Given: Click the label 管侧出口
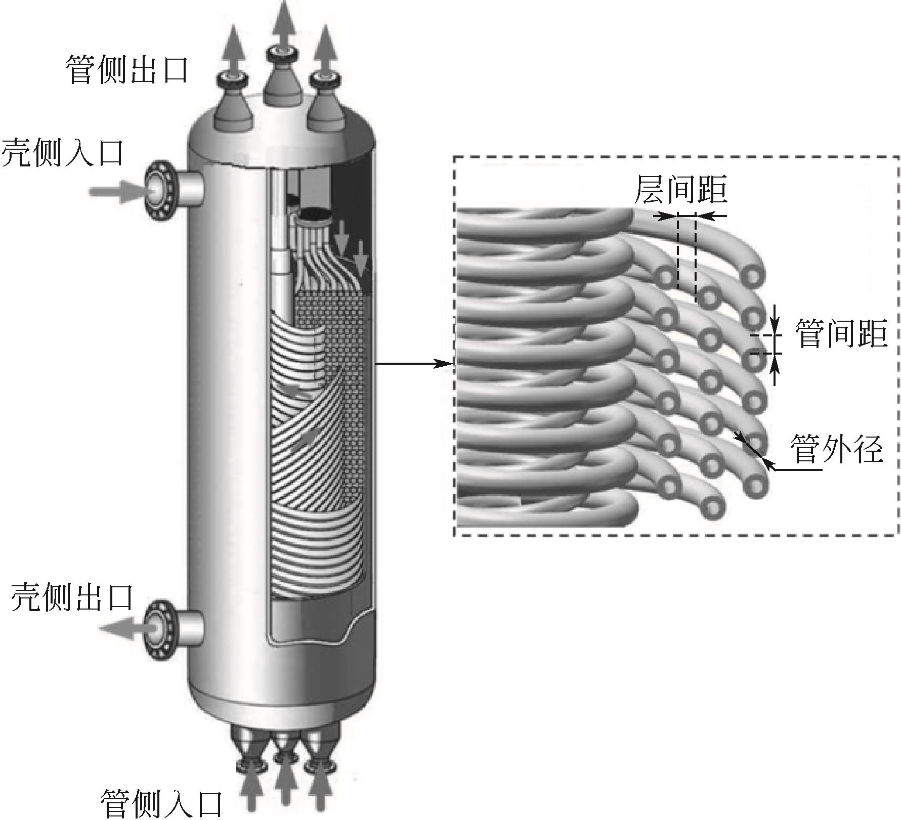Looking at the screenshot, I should pyautogui.click(x=127, y=70).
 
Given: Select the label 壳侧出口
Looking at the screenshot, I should pyautogui.click(x=72, y=597).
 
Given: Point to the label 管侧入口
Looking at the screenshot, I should pyautogui.click(x=162, y=803).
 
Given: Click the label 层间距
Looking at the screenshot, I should pyautogui.click(x=680, y=189).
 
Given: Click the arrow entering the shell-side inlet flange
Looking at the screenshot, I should pyautogui.click(x=113, y=191).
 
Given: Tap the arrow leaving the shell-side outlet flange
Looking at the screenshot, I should pyautogui.click(x=121, y=628).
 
